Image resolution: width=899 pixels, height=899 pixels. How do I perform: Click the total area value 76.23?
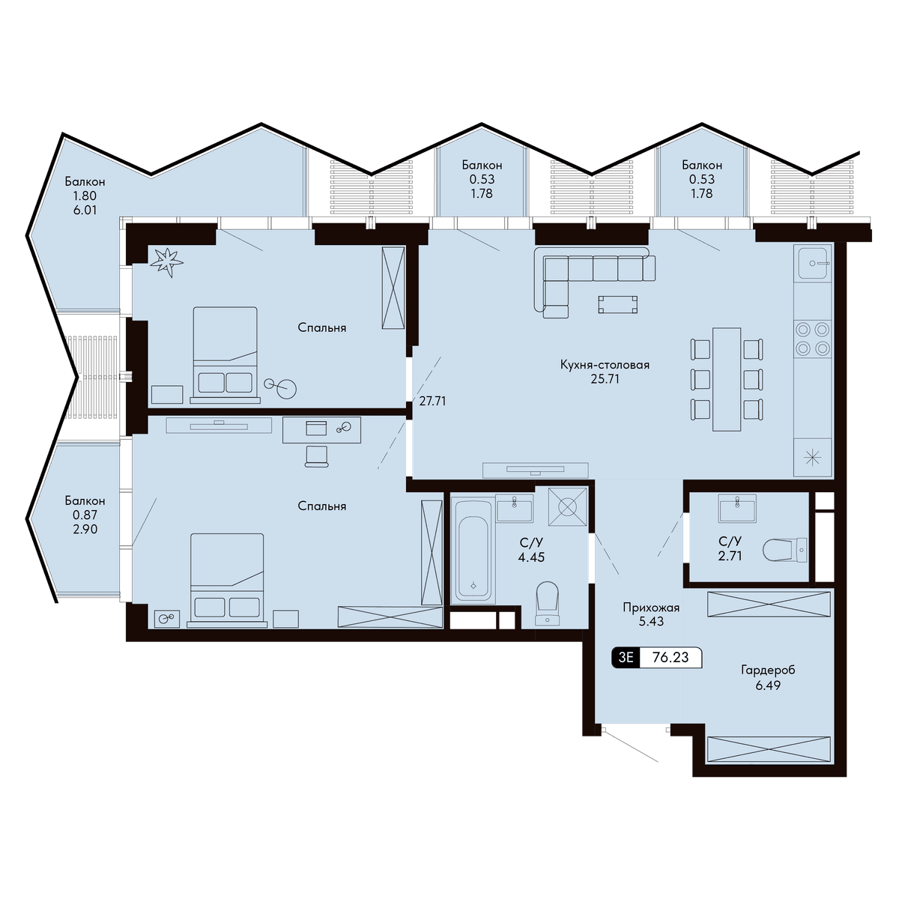pos(670,657)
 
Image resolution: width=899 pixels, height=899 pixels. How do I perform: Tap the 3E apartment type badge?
pos(626,657)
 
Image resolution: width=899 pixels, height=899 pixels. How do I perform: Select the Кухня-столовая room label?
pos(605,365)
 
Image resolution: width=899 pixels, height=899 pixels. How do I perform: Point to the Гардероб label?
pos(768,671)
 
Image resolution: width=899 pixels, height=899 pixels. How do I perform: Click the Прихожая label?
pos(651,608)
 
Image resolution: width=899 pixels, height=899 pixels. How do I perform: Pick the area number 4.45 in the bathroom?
pos(531,557)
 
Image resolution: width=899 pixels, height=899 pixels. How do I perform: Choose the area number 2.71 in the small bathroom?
pos(730,556)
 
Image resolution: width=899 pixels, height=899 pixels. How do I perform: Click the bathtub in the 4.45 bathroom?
pos(473,551)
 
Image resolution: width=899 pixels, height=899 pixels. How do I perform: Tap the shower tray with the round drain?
pos(567,506)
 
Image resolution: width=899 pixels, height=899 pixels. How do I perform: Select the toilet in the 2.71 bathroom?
pos(784,551)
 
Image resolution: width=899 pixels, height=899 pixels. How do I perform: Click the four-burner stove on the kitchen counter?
pos(812,339)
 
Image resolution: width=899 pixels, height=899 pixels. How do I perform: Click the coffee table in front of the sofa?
pos(617,304)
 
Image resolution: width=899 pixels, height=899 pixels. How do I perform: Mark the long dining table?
pos(727,379)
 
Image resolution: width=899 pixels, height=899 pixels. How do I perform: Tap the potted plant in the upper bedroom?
pos(166,262)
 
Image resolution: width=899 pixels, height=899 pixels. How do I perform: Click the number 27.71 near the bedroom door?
pos(432,401)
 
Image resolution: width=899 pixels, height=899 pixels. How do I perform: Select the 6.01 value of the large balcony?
pos(85,210)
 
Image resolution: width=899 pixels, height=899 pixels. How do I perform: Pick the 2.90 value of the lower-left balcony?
pos(85,529)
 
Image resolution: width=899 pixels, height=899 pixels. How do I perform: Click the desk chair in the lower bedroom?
pos(316,456)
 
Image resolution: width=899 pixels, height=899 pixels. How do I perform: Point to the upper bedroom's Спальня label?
pos(322,327)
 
